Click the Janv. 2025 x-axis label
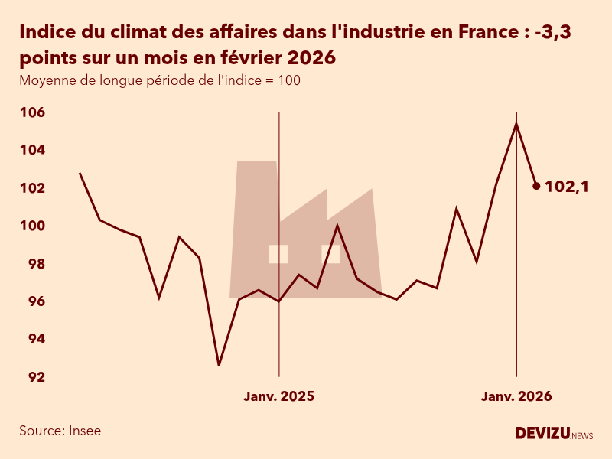coord(278,396)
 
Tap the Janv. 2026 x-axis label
coord(516,396)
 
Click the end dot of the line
coord(536,186)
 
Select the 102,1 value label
coord(566,186)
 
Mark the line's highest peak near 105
coord(516,123)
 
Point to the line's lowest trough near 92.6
coord(219,365)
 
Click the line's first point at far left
coord(80,174)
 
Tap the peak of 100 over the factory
coord(337,225)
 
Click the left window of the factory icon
coord(278,254)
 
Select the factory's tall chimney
coord(256,199)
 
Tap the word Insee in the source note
coord(85,431)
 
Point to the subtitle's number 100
coord(288,80)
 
